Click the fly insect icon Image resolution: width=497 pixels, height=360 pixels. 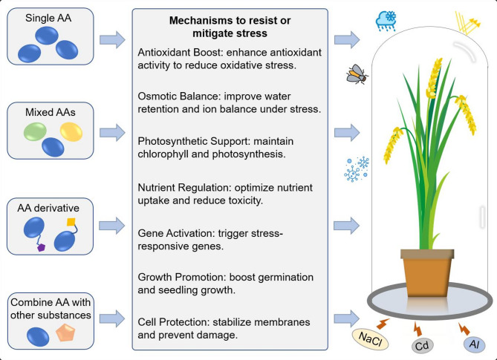(x=354, y=73)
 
